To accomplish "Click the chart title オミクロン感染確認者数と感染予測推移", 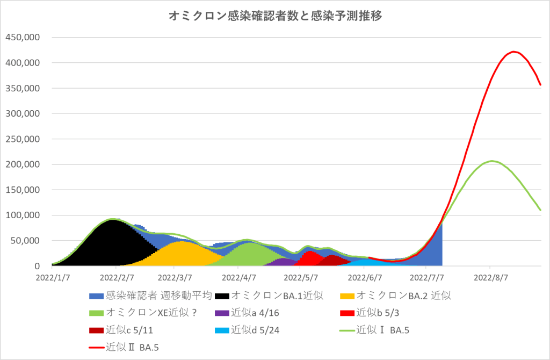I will click(275, 17).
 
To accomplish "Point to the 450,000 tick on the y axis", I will click(23, 38).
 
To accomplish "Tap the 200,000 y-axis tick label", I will click(23, 164).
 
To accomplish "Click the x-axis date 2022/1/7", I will click(52, 278).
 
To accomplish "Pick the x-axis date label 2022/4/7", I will click(238, 278).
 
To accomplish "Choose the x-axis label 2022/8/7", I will click(490, 278).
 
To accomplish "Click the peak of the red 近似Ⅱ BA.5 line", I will click(514, 52).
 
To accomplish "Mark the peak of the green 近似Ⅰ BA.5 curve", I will click(491, 161).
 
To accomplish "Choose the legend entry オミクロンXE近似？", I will click(150, 313).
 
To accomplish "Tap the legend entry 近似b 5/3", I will click(377, 313).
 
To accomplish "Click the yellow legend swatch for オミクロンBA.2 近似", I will click(348, 295).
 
